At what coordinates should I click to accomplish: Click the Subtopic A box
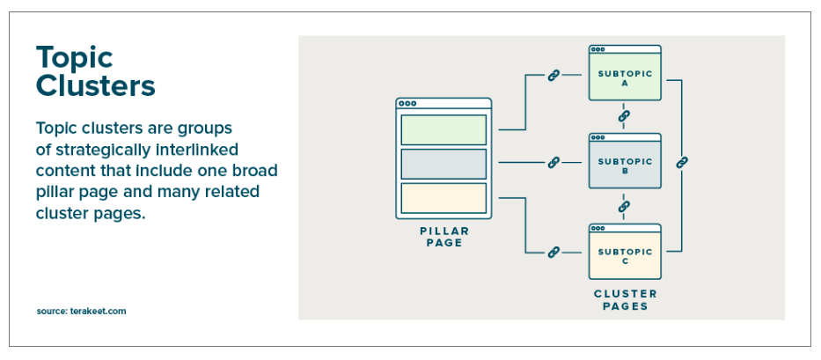tap(625, 78)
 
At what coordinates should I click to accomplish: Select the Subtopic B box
tap(625, 166)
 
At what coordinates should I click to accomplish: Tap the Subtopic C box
tap(625, 256)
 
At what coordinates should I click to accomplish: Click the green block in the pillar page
tap(443, 129)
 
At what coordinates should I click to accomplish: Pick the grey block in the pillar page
tap(443, 164)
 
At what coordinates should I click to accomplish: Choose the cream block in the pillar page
tap(443, 197)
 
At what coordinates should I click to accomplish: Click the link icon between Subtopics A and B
tap(624, 116)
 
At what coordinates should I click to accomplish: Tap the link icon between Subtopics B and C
tap(624, 206)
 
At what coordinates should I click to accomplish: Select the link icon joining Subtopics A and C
tap(682, 163)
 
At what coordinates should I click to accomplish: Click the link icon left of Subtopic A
tap(554, 76)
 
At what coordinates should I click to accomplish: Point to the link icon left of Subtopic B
tap(554, 163)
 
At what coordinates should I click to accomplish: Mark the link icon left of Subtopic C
tap(554, 253)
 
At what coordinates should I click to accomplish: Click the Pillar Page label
tap(443, 237)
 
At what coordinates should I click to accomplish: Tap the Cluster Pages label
tap(626, 300)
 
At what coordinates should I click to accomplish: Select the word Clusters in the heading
tap(95, 86)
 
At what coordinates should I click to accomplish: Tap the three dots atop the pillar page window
tap(407, 104)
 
